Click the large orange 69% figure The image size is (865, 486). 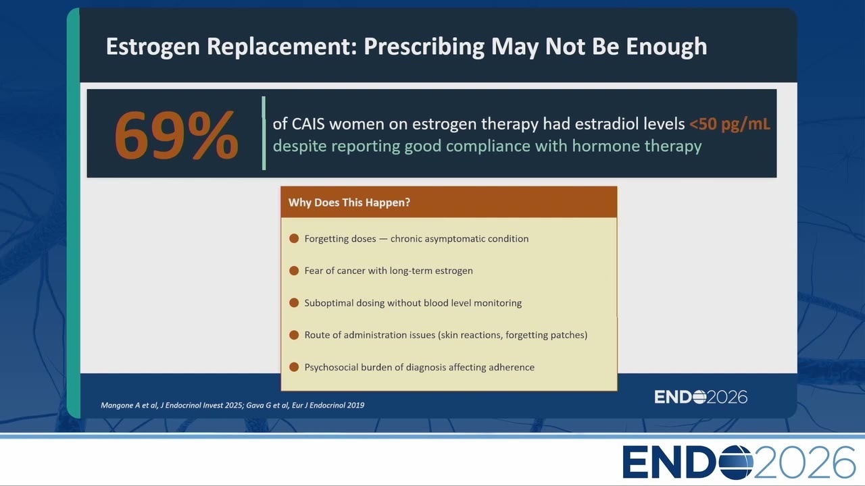pyautogui.click(x=176, y=134)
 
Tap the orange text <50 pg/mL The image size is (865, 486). pyautogui.click(x=729, y=124)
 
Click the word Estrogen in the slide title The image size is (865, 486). pyautogui.click(x=153, y=47)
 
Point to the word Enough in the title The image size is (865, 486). pyautogui.click(x=666, y=47)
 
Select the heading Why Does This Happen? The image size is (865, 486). pyautogui.click(x=349, y=202)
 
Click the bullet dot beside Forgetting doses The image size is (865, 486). pyautogui.click(x=294, y=238)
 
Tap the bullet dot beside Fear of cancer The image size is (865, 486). pyautogui.click(x=294, y=271)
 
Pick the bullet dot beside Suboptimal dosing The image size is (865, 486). pyautogui.click(x=294, y=303)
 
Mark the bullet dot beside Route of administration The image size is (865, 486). pyautogui.click(x=294, y=335)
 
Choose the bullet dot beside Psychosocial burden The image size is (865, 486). pyautogui.click(x=294, y=367)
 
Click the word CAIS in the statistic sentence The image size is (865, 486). pyautogui.click(x=308, y=124)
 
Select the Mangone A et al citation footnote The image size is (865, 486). pyautogui.click(x=232, y=405)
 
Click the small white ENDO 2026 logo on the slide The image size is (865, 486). pyautogui.click(x=701, y=397)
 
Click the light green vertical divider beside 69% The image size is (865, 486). pyautogui.click(x=264, y=133)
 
